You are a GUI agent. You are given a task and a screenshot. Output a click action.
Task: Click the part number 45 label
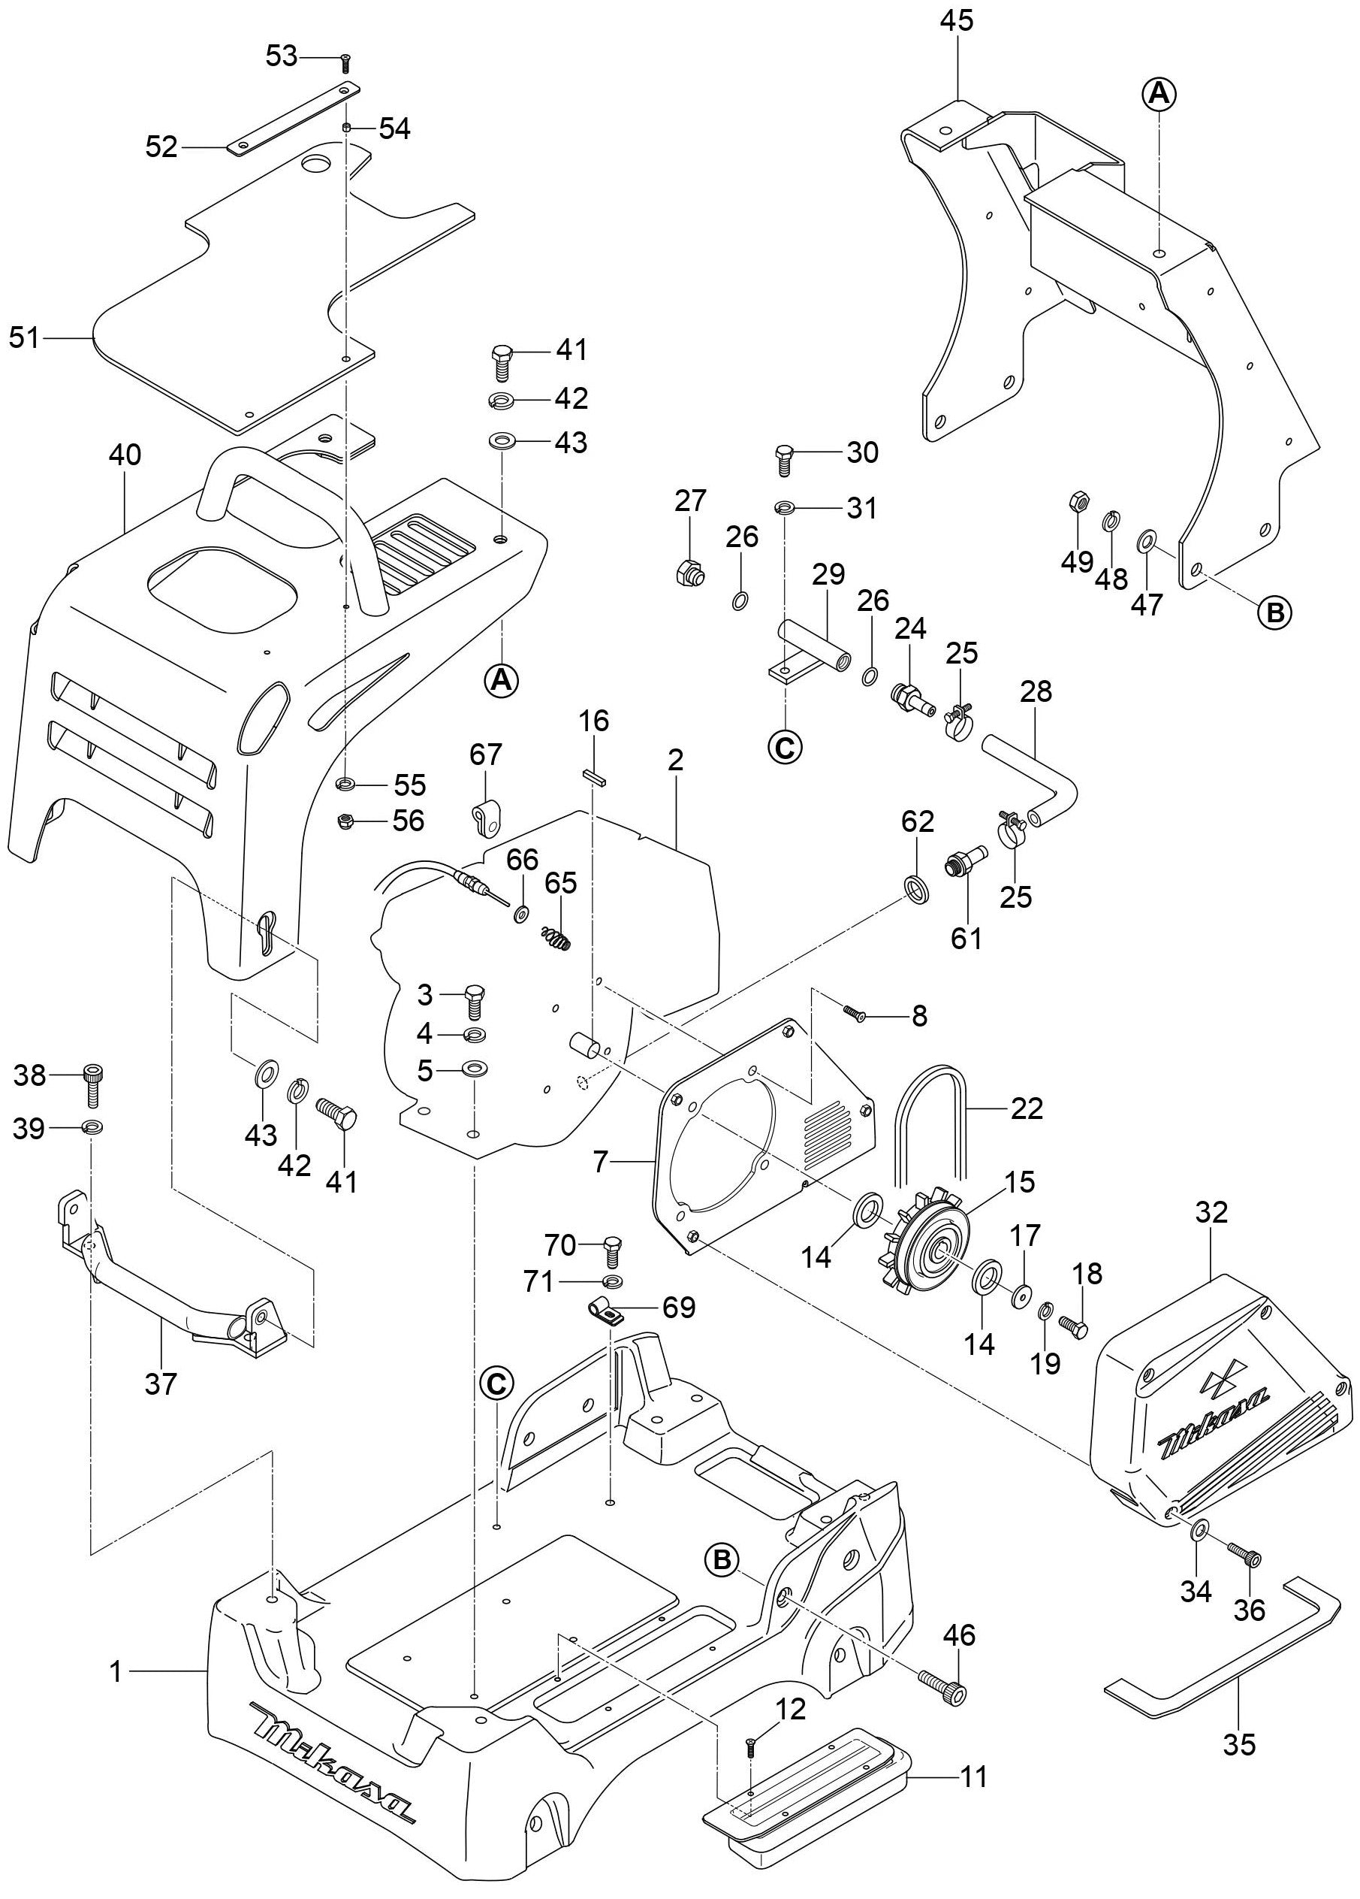956,21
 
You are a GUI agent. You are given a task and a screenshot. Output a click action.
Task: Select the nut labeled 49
1078,503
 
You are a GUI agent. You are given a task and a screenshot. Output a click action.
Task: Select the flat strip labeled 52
293,117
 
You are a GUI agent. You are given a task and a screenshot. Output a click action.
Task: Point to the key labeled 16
594,776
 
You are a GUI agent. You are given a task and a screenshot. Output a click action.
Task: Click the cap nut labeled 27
689,573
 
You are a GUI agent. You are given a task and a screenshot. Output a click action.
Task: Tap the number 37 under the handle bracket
161,1383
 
